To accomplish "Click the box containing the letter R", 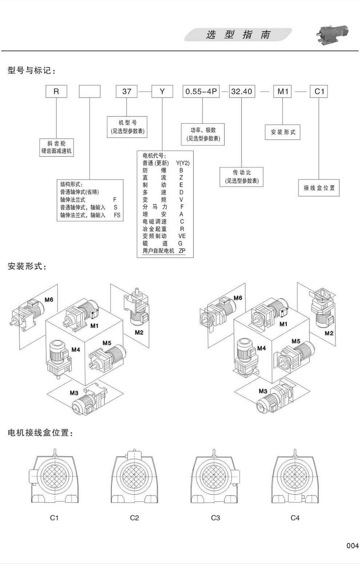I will pyautogui.click(x=56, y=91).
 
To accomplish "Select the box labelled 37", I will pyautogui.click(x=127, y=91).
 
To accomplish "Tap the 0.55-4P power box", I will pyautogui.click(x=201, y=91).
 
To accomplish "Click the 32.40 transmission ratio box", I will pyautogui.click(x=242, y=91).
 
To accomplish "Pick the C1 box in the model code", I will pyautogui.click(x=319, y=91).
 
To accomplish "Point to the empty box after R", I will pyautogui.click(x=89, y=91).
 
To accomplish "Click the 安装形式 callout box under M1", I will pyautogui.click(x=283, y=132).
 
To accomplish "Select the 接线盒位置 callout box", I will pyautogui.click(x=319, y=188).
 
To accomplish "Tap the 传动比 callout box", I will pyautogui.click(x=242, y=176).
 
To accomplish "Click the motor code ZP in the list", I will pyautogui.click(x=182, y=251).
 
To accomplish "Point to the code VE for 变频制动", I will pyautogui.click(x=182, y=236).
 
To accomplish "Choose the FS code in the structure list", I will pyautogui.click(x=117, y=215).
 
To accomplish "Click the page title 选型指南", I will pyautogui.click(x=238, y=35).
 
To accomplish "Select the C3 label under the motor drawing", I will pyautogui.click(x=215, y=518).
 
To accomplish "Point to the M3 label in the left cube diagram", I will pyautogui.click(x=74, y=393).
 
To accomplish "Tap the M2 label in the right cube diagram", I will pyautogui.click(x=329, y=333).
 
